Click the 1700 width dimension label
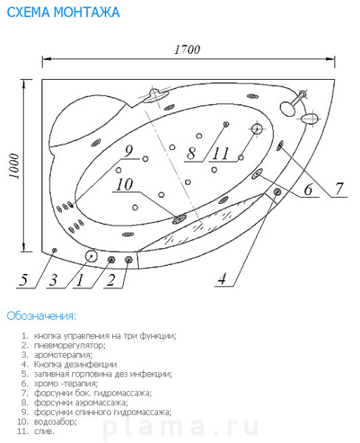pos(187,49)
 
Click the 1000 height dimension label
pos(14,166)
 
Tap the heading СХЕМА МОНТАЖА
pos(63,12)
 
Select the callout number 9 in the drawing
pos(129,151)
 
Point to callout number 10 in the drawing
pos(125,185)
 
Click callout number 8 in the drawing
pos(192,154)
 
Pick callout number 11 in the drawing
pos(221,154)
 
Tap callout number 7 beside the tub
pos(339,188)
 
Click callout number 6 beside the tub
pos(308,189)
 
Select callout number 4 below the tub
pos(223,278)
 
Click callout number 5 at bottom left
pos(24,280)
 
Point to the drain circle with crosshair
pos(257,128)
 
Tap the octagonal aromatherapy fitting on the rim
pos(91,256)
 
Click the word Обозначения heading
pos(41,316)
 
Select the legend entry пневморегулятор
pos(69,346)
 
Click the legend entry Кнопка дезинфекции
pos(75,365)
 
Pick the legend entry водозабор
pos(55,422)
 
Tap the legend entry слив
pos(44,431)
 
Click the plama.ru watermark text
pos(181,427)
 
